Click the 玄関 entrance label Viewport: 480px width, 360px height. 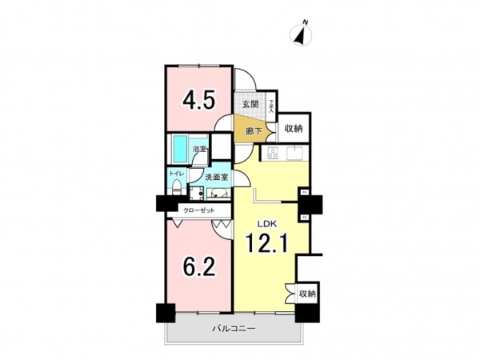(248, 104)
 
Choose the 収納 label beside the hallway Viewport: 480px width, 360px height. (293, 129)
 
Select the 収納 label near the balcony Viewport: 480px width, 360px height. (306, 294)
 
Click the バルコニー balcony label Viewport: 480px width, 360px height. (233, 329)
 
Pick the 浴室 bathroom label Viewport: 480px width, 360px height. (198, 150)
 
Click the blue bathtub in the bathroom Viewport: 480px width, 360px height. (180, 148)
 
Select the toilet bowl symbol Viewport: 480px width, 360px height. (176, 189)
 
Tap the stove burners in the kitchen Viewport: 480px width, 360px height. (271, 154)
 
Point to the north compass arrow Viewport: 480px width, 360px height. (302, 34)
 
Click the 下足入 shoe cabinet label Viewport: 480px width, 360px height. (270, 105)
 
